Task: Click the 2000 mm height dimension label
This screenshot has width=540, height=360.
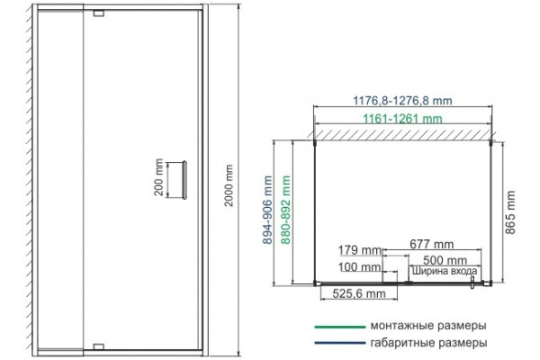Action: (229, 185)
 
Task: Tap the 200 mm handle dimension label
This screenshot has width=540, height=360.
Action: (158, 177)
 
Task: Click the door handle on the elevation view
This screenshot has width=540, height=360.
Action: (184, 180)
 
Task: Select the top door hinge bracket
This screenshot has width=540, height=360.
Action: (98, 13)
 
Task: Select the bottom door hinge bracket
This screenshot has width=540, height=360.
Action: (98, 346)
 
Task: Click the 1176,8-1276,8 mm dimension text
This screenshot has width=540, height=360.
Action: (402, 101)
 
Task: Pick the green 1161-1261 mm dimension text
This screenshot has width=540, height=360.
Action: (402, 119)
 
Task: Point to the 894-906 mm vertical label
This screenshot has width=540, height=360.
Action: (267, 210)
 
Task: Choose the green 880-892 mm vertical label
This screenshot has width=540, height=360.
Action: (286, 210)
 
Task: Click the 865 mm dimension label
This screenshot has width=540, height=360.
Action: (510, 212)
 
